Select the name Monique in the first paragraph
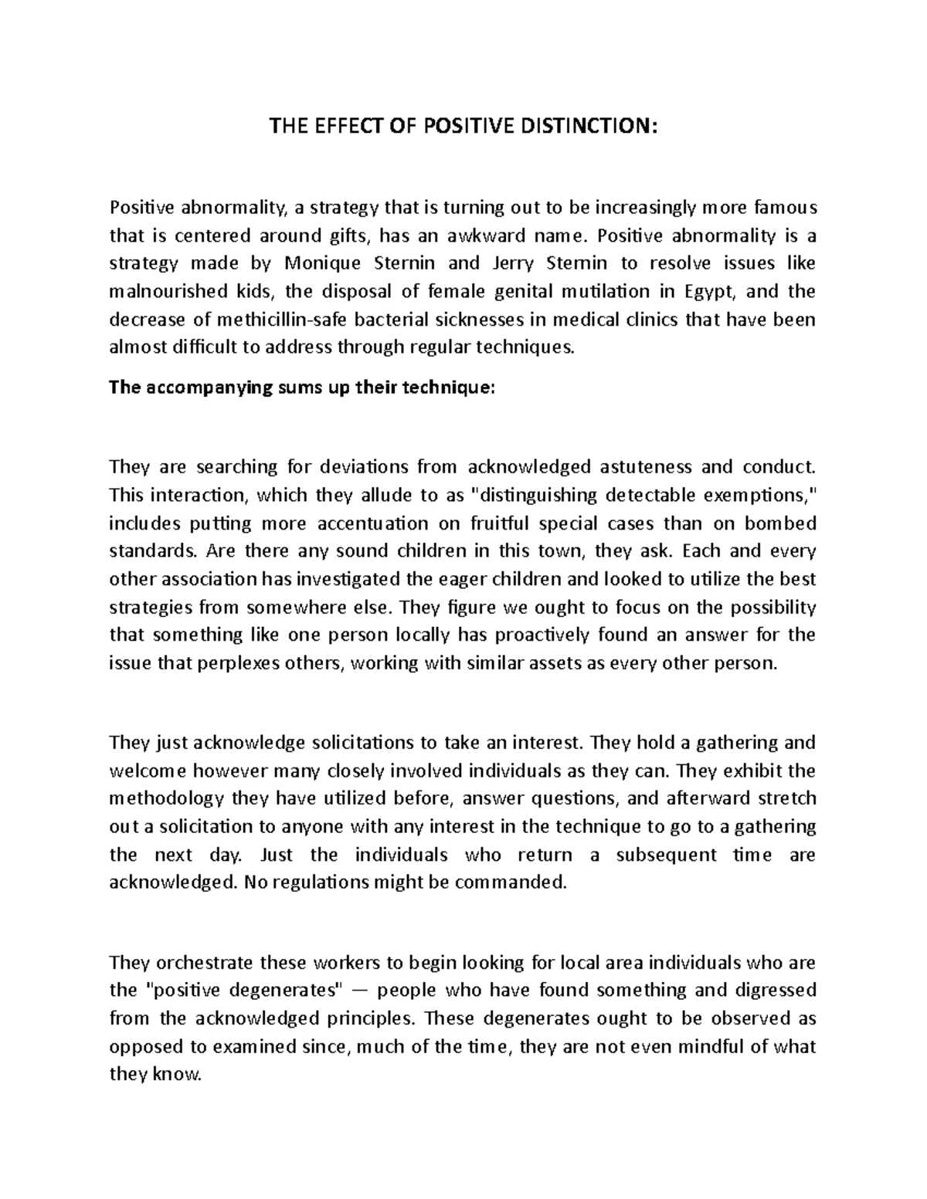pos(322,263)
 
